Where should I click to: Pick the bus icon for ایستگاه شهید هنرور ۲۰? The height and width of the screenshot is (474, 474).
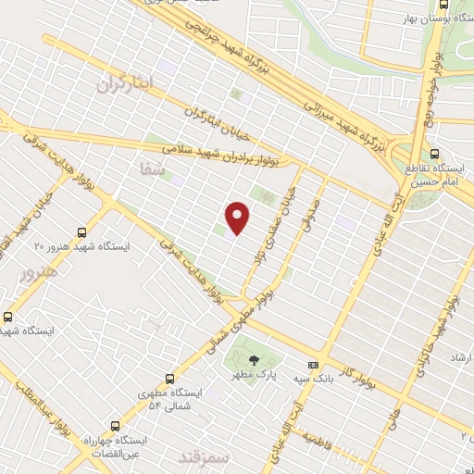[x=82, y=233]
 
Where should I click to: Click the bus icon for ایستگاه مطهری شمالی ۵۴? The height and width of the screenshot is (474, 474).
[x=169, y=378]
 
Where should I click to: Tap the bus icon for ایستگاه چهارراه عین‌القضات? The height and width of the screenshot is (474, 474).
[x=114, y=426]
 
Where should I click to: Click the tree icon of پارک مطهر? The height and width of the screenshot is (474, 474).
[x=254, y=358]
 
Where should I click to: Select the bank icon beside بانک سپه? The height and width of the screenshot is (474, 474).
[x=313, y=365]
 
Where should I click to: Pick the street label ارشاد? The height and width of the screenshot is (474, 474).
[x=460, y=357]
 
